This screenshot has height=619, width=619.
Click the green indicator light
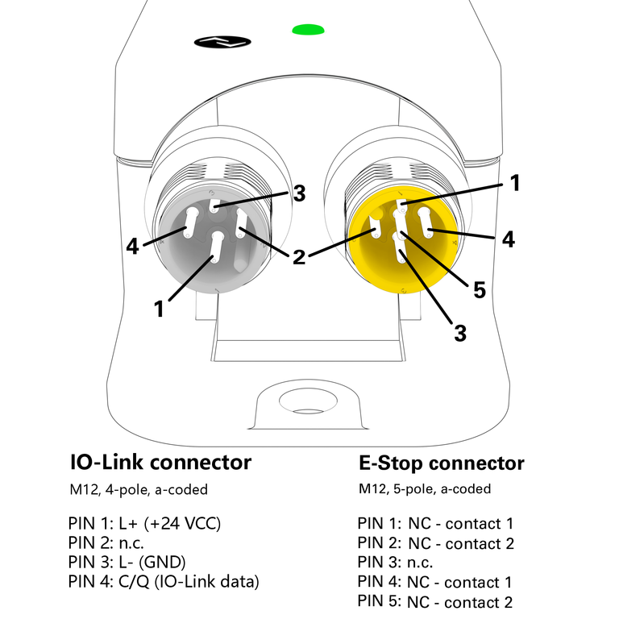point(308,31)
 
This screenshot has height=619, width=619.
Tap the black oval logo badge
point(224,40)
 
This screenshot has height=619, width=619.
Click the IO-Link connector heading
point(161,463)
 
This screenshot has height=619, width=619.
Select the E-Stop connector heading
point(441,463)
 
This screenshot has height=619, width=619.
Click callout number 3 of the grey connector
point(299,194)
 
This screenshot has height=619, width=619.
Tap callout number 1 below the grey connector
point(160,308)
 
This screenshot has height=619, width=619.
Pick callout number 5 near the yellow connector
point(479,290)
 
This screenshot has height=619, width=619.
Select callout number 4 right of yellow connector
point(508,239)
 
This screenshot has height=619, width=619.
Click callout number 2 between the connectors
point(299,258)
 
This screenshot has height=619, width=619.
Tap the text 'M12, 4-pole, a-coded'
point(138,489)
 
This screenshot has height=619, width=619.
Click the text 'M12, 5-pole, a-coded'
point(425,489)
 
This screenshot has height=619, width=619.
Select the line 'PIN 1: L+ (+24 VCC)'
point(145,522)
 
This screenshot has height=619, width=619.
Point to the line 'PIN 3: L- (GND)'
point(127,562)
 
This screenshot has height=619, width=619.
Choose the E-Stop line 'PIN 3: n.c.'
point(395,562)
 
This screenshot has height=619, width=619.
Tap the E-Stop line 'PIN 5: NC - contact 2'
point(435,601)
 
